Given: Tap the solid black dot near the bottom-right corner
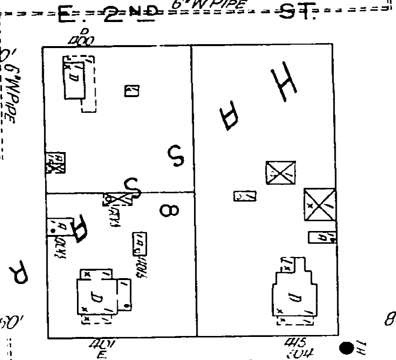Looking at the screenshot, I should [x=346, y=348].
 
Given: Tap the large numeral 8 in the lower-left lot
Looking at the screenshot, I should [x=169, y=211].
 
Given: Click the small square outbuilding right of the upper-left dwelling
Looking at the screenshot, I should [x=131, y=91].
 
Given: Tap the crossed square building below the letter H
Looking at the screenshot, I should [x=280, y=173].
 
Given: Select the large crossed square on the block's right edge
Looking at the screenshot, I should [x=320, y=204].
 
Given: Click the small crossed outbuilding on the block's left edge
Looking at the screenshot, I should [x=55, y=163].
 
